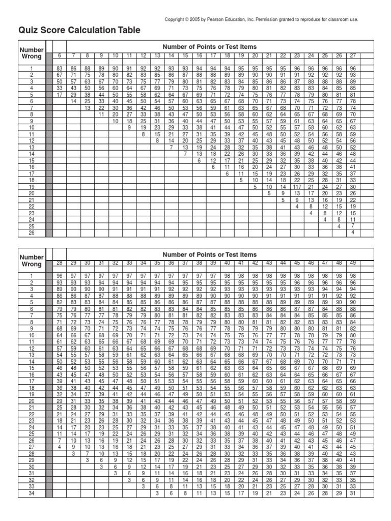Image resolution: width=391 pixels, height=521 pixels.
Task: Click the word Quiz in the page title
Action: coord(29,31)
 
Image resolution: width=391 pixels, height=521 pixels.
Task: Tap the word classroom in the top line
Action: coord(341,19)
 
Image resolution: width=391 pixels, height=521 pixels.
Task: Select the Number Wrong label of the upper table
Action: coord(32,53)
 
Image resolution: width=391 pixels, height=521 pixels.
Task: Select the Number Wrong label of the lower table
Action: coord(32,261)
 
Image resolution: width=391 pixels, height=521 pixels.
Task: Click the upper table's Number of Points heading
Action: coord(210,47)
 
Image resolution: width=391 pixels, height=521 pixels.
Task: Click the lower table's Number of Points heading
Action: coord(210,254)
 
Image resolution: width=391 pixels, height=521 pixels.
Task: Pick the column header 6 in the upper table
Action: coord(60,55)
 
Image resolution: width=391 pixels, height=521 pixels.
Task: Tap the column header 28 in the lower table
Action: coord(60,263)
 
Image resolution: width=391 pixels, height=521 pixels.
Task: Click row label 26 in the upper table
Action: coord(32,233)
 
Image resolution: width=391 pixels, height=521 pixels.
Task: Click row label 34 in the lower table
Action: coord(32,493)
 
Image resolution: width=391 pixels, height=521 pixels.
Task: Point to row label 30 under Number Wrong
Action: coord(32,467)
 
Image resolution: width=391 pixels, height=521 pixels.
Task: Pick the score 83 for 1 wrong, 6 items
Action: coord(60,68)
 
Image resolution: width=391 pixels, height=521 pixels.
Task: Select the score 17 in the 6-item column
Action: coord(60,94)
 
